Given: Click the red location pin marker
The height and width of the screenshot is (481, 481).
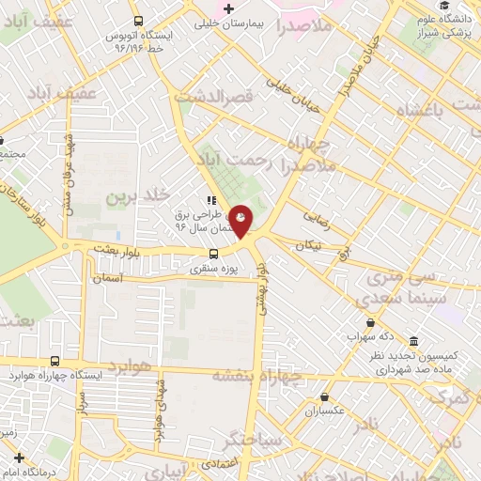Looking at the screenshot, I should click(241, 220).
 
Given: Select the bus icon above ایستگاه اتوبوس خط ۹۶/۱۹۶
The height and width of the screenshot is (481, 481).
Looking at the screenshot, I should click(138, 21).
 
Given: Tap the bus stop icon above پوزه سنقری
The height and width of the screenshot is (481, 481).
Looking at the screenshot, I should click(215, 254).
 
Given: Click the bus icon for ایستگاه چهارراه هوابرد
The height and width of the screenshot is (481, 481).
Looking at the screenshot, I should click(54, 361).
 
